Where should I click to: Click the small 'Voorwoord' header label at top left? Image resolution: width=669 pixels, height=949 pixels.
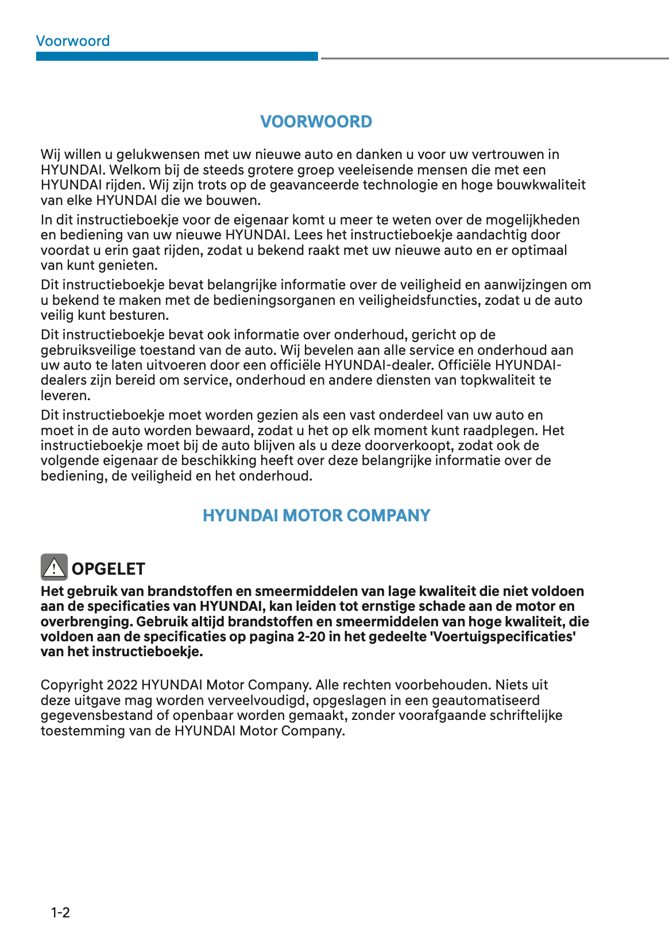[72, 41]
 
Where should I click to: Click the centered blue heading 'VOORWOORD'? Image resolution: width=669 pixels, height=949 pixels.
[316, 122]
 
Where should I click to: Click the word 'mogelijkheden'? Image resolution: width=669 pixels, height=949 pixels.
[532, 220]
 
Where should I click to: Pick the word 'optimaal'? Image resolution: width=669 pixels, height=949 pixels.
[539, 250]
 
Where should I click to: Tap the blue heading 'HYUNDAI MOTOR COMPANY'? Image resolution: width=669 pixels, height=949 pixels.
[316, 516]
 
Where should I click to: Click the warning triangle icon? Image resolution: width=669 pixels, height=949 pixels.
[54, 568]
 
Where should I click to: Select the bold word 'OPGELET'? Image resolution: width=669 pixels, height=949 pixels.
[108, 569]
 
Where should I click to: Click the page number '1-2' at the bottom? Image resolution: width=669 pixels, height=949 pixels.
[60, 913]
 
